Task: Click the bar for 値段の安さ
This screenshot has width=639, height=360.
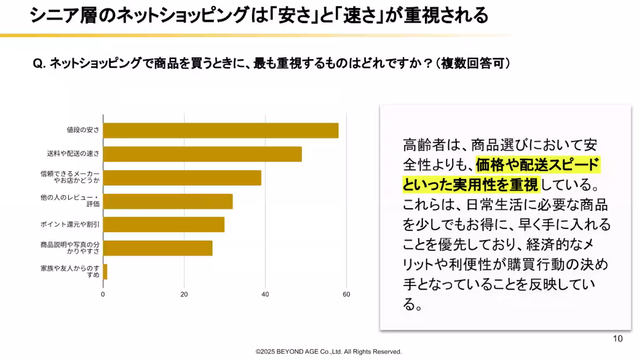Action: click(x=220, y=130)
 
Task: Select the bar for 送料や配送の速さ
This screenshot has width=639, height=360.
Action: click(x=202, y=154)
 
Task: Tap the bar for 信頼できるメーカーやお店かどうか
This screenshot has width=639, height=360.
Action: click(x=182, y=178)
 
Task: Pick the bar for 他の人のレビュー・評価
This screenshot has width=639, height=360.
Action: click(x=168, y=201)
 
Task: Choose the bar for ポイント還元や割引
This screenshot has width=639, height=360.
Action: click(x=163, y=225)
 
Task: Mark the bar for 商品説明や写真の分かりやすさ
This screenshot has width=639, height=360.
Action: click(x=158, y=248)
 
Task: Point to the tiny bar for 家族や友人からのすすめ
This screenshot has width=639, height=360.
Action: click(x=105, y=272)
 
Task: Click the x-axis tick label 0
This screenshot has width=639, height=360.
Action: click(x=103, y=294)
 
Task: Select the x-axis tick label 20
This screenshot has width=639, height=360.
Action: click(x=184, y=294)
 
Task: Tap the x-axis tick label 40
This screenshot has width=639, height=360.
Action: click(x=265, y=294)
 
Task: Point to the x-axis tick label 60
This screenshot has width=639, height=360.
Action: click(x=347, y=294)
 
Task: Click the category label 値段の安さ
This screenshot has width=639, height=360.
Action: click(x=83, y=130)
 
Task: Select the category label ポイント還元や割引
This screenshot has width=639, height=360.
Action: click(x=70, y=225)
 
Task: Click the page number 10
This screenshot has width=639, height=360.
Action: click(x=618, y=339)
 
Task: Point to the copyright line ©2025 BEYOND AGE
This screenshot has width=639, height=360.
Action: click(x=329, y=352)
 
